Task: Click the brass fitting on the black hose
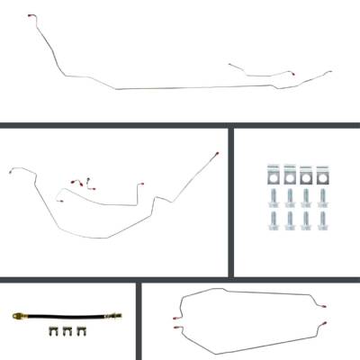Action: [17, 316]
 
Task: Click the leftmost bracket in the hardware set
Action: [272, 173]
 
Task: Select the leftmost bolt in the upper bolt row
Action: [272, 196]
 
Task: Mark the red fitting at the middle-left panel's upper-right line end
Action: [219, 154]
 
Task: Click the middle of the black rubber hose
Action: [66, 316]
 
